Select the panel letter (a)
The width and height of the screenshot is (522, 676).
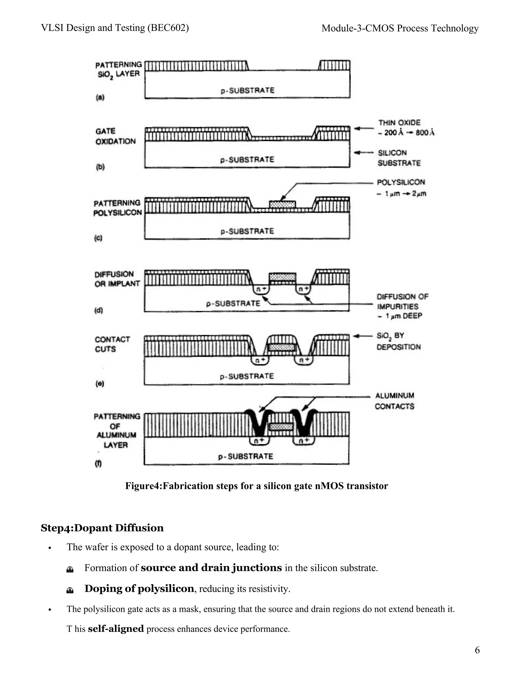(x=100, y=98)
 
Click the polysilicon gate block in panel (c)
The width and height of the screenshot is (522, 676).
(x=282, y=204)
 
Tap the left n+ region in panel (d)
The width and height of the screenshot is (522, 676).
(x=261, y=290)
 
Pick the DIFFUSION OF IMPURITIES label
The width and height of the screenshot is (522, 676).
(x=402, y=302)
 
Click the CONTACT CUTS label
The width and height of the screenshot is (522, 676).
(x=112, y=344)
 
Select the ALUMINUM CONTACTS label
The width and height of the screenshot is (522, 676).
(x=395, y=401)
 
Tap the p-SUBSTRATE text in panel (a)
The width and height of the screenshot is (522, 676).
(x=247, y=90)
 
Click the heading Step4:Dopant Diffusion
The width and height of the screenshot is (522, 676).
(x=102, y=528)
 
